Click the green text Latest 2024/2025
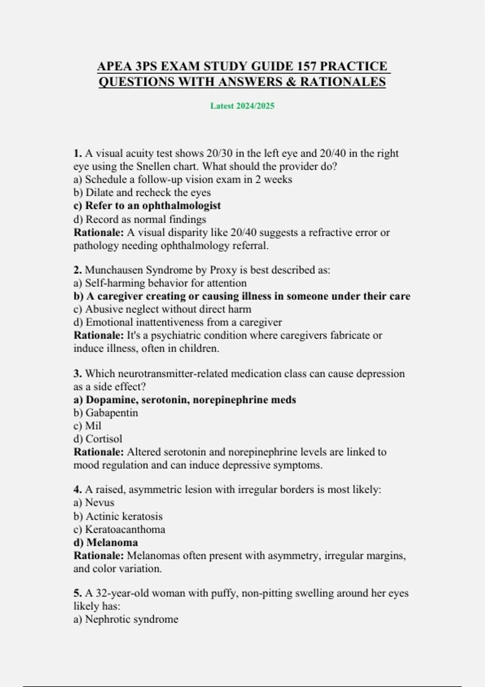click(x=242, y=106)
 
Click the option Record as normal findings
click(x=139, y=219)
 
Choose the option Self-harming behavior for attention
click(x=160, y=283)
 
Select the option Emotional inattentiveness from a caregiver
click(x=177, y=322)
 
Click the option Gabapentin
click(x=105, y=413)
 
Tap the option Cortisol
click(x=97, y=438)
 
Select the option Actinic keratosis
click(x=118, y=516)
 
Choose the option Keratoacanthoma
click(x=119, y=529)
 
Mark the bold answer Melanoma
click(x=105, y=542)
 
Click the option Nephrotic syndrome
click(x=126, y=619)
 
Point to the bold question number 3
click(x=78, y=373)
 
